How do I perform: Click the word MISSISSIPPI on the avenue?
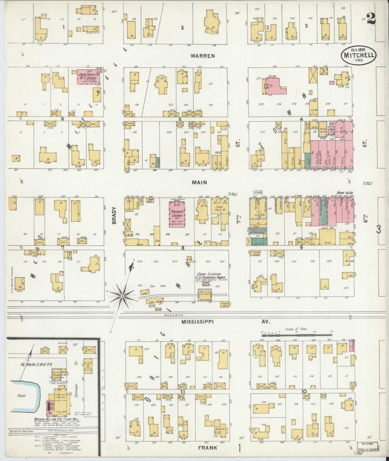tap(197, 322)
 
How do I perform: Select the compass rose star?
tap(122, 296)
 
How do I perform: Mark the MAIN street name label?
tap(199, 182)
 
